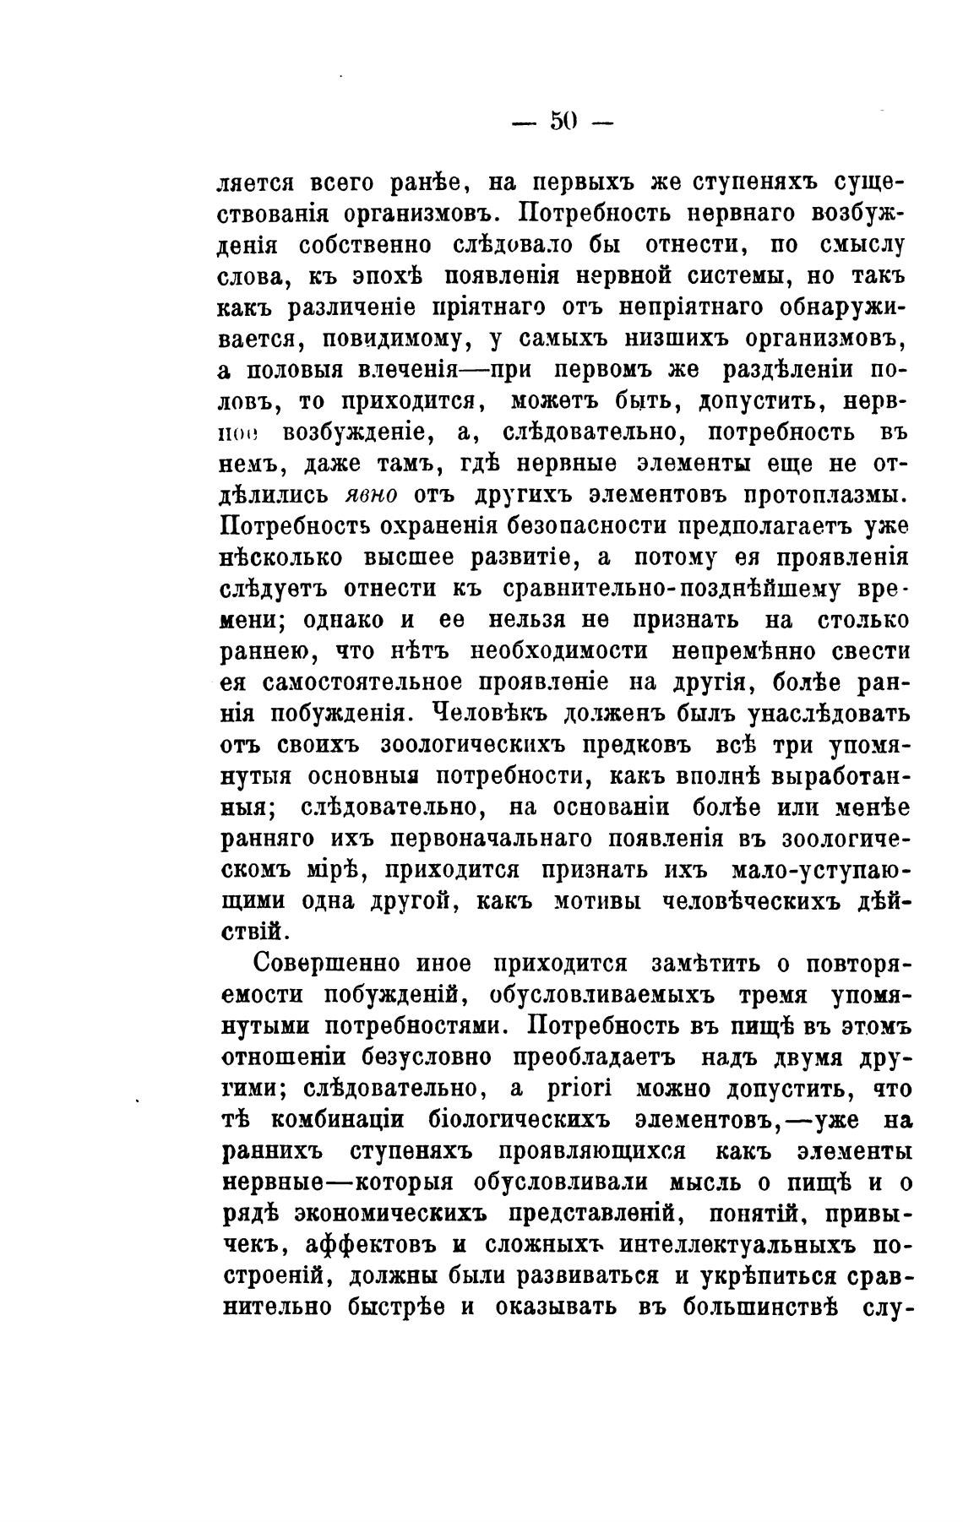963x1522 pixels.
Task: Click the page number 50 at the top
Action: (563, 122)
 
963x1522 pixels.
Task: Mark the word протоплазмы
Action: (824, 495)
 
